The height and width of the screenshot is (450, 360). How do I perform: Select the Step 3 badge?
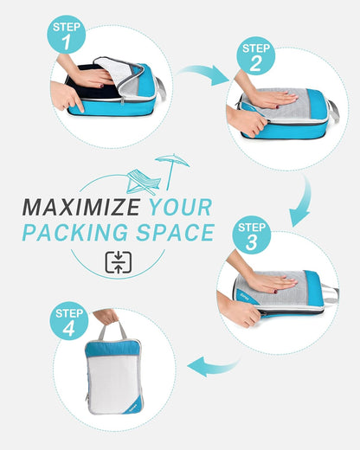point(252,235)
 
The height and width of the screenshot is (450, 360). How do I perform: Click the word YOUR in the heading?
point(180,208)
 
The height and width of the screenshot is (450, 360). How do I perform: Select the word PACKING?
point(71,233)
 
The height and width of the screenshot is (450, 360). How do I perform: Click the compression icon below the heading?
point(118,262)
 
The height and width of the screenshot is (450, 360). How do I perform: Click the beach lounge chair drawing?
point(143,182)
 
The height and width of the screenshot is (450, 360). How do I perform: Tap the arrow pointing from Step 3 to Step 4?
point(211,367)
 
